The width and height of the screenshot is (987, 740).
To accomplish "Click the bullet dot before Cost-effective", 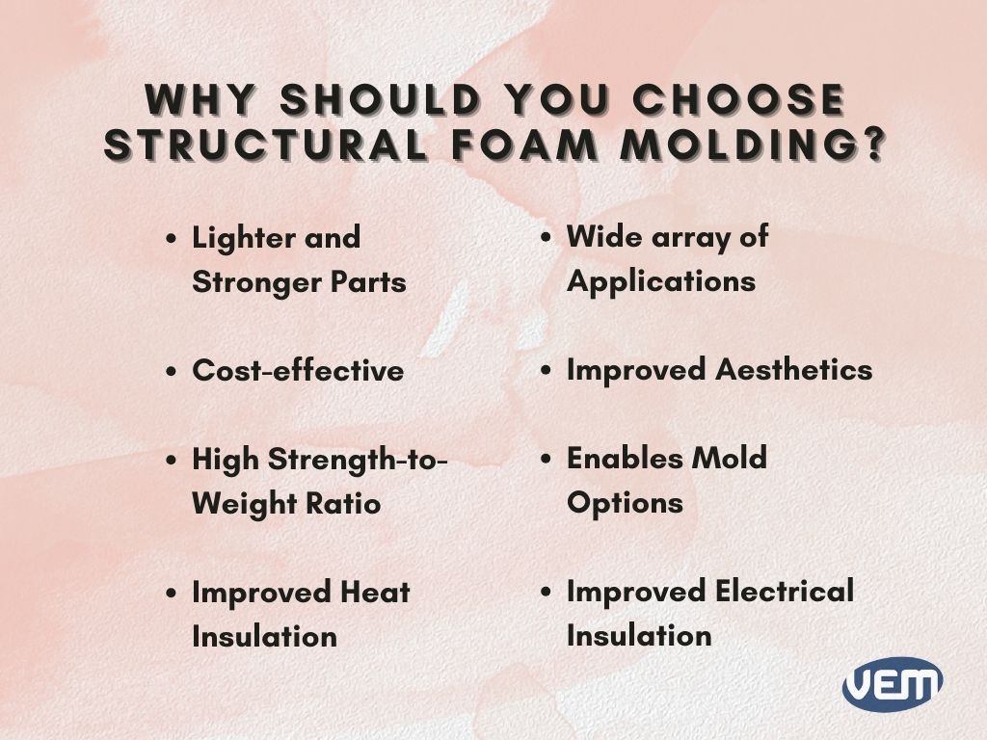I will [172, 372].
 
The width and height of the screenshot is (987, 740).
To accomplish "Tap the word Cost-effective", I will [298, 371].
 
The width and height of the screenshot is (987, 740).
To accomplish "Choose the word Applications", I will [660, 281].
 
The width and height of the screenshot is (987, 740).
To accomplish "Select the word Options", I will [625, 503].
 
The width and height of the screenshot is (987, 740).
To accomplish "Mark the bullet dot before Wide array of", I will [546, 238].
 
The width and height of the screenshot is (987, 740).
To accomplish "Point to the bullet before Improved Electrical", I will [546, 592].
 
